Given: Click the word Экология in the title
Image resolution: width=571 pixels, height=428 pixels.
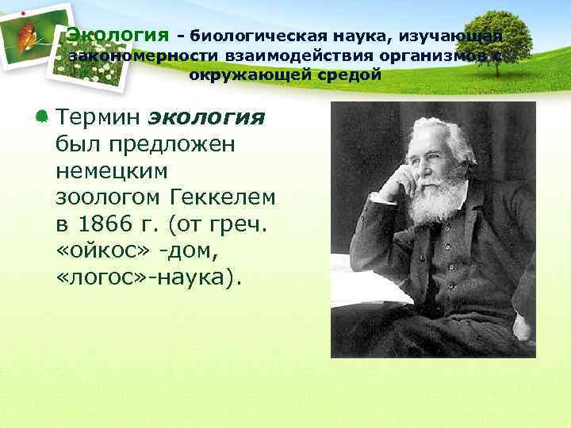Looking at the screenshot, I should coord(117,35).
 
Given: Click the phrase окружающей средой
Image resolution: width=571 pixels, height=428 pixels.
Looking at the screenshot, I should coord(285,75).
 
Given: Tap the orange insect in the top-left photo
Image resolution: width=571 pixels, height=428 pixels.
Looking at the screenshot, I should coord(27,36).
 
